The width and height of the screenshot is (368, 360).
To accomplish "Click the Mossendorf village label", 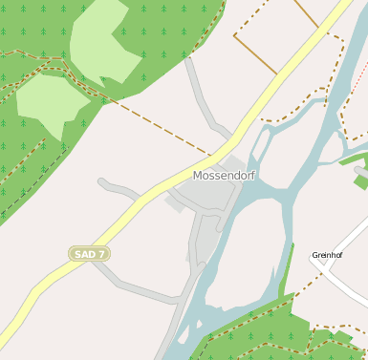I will pyautogui.click(x=225, y=176).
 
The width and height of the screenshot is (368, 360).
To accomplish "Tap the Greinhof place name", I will pyautogui.click(x=327, y=255).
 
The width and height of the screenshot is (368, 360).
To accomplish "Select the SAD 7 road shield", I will pyautogui.click(x=90, y=254).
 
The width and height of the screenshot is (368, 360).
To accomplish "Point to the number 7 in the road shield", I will pyautogui.click(x=101, y=254).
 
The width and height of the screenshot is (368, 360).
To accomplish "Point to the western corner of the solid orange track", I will pyautogui.click(x=234, y=36).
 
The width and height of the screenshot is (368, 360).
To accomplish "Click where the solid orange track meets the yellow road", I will pyautogui.click(x=278, y=74).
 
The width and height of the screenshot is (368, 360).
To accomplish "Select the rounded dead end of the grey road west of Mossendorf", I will pyautogui.click(x=102, y=184).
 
